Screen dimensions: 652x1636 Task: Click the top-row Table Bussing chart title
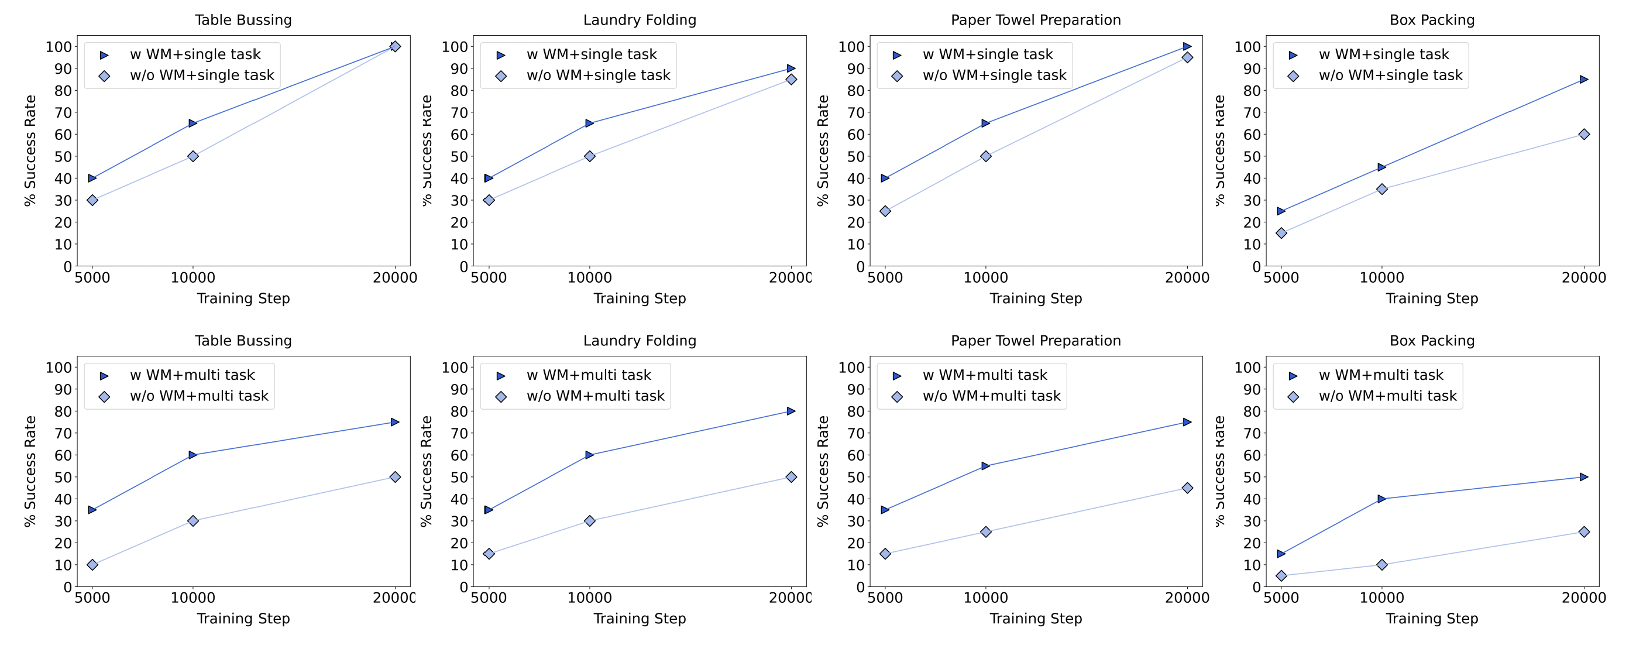(x=243, y=20)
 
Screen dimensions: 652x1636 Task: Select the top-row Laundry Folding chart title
(x=640, y=20)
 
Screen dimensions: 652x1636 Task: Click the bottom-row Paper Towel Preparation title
(x=1035, y=341)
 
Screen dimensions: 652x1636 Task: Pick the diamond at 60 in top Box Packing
(x=1583, y=134)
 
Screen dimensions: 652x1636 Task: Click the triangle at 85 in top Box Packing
(x=1583, y=80)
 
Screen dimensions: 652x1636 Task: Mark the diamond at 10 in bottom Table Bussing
(x=92, y=564)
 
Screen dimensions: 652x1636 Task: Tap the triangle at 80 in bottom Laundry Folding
(x=790, y=411)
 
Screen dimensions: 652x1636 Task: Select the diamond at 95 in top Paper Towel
(x=1187, y=57)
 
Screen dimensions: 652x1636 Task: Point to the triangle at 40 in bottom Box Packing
(x=1381, y=499)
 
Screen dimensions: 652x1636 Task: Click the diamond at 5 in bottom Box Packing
(x=1281, y=576)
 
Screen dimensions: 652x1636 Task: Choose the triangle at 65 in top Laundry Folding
(x=589, y=123)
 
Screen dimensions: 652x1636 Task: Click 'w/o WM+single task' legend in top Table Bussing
(x=202, y=76)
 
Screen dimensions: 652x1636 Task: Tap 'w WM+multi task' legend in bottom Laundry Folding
(x=589, y=375)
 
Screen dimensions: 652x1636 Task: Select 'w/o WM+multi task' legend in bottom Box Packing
(x=1388, y=396)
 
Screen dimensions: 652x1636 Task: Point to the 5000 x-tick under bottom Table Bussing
(x=92, y=598)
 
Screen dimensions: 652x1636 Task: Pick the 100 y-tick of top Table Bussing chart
(x=58, y=46)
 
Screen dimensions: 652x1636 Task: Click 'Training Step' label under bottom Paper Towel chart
(x=1035, y=618)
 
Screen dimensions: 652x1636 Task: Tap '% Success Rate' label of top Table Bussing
(x=30, y=150)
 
